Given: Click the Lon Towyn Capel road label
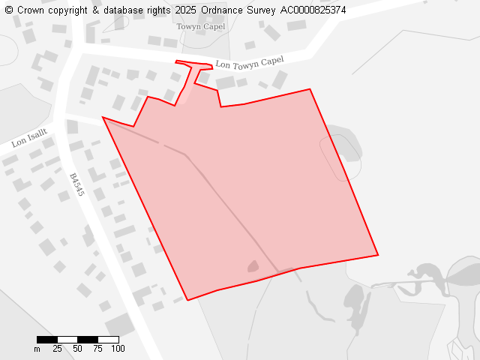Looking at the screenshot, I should (250, 63).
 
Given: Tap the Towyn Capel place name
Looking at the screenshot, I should (200, 27).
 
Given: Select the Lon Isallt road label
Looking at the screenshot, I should (29, 137).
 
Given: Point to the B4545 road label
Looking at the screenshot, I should (76, 184).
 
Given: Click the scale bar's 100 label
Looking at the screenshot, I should (118, 349).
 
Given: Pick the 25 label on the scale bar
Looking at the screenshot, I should (57, 349).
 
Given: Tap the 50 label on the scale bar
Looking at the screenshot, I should (77, 349).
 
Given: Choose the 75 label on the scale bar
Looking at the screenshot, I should (97, 349).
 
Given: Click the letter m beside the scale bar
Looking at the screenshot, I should (37, 349).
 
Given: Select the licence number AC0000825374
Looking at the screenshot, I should (313, 10).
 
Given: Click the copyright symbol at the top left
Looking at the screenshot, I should (9, 10).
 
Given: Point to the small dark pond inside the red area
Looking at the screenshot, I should (253, 266).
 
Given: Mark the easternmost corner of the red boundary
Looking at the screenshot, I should (378, 255).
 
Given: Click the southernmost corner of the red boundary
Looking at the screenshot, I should (187, 300).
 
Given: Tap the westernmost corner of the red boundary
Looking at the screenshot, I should (103, 117).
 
